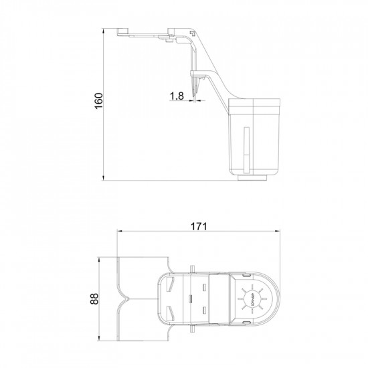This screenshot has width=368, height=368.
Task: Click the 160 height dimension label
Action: click(x=98, y=102)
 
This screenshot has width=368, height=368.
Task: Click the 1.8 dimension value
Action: click(x=177, y=96)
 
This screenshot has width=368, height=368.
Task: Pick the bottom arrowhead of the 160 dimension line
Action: click(x=105, y=177)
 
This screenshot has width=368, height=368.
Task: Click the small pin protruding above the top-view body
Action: click(x=193, y=269)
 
